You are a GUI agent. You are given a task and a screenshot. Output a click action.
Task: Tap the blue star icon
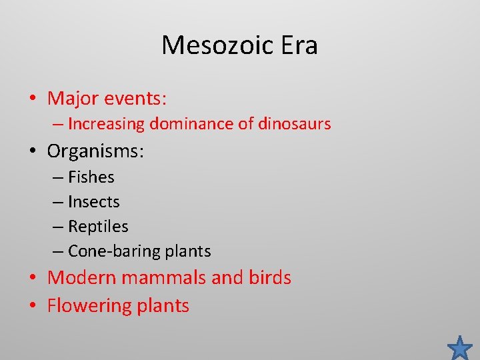[x=460, y=347]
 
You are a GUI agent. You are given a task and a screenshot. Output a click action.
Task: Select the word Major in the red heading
[x=74, y=99]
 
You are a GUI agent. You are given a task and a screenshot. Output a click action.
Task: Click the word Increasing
[x=107, y=124]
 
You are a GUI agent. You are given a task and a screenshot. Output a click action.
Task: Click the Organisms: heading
[x=95, y=151]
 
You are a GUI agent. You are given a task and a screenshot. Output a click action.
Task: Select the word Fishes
[x=91, y=177]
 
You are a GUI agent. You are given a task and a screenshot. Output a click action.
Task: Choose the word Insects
[x=94, y=202]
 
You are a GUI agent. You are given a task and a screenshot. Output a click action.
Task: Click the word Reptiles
[x=98, y=227]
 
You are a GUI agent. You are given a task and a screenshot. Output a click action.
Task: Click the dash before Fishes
[x=58, y=178]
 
